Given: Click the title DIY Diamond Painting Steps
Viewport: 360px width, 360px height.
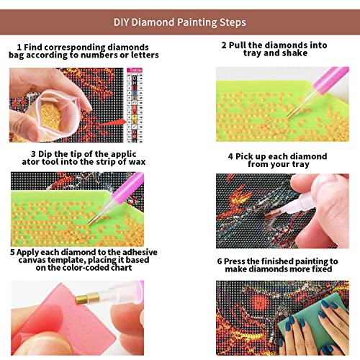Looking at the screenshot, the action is [180, 22].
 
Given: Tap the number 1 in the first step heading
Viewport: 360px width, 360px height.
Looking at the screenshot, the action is [19, 47].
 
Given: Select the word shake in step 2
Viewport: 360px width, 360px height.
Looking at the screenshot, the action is [294, 53].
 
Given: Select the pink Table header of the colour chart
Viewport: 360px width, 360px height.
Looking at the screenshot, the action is [135, 70].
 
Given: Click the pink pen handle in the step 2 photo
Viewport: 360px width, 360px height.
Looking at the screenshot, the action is [330, 78].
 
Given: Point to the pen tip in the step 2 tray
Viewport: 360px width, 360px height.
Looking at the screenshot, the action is [289, 117].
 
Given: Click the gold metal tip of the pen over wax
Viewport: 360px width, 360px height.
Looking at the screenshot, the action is [88, 298].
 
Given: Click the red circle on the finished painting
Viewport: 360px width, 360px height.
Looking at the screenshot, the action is [260, 302].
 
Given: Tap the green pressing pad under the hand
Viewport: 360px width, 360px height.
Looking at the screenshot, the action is [312, 319].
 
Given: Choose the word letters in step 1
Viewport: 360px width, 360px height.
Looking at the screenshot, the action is [145, 55].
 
